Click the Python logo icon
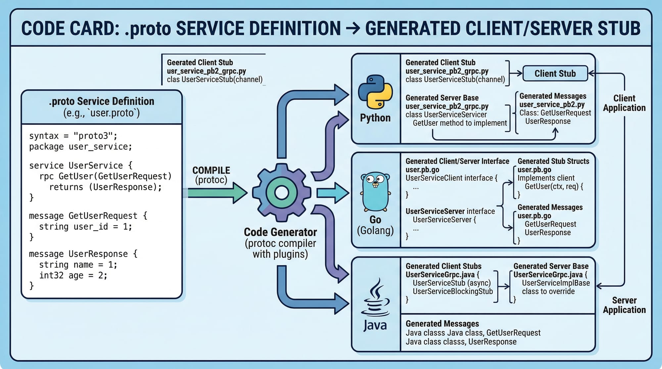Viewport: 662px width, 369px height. tap(375, 92)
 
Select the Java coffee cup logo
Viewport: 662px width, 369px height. tap(375, 298)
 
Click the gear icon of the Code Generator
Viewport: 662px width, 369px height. tap(282, 192)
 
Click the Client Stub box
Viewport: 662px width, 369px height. tap(555, 73)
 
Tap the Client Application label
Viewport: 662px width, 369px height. tap(624, 103)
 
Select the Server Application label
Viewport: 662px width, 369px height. tap(624, 305)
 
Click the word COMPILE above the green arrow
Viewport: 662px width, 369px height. tap(211, 170)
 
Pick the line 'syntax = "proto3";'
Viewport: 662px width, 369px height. tap(73, 136)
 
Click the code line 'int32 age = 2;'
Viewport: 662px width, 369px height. tap(73, 275)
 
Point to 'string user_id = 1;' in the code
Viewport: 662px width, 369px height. tap(85, 227)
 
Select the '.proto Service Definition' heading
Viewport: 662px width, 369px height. tap(101, 101)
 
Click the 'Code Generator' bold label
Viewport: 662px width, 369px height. tap(280, 232)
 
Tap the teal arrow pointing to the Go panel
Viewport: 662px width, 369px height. tap(332, 193)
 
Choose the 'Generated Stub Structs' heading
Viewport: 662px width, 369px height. tap(553, 161)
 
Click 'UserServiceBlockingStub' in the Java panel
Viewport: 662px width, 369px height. tap(452, 291)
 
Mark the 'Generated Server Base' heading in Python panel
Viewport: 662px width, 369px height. tap(442, 98)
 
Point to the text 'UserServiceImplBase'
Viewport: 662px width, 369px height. tap(556, 283)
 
